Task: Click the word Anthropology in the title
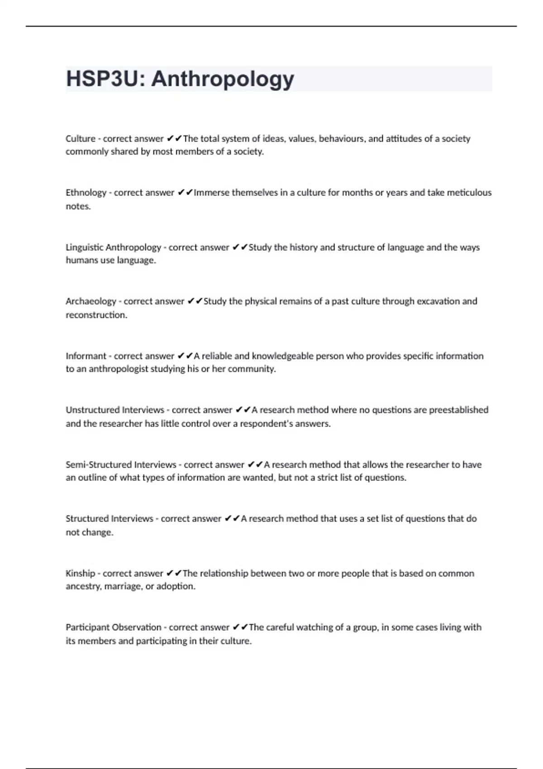tap(223, 79)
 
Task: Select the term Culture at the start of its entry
tap(81, 139)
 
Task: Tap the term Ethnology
tap(86, 193)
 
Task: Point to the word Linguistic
tap(84, 247)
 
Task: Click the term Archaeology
tap(91, 301)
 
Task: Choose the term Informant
tap(86, 356)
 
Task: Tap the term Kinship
tap(81, 573)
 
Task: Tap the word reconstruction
tap(96, 315)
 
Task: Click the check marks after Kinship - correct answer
tap(174, 573)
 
